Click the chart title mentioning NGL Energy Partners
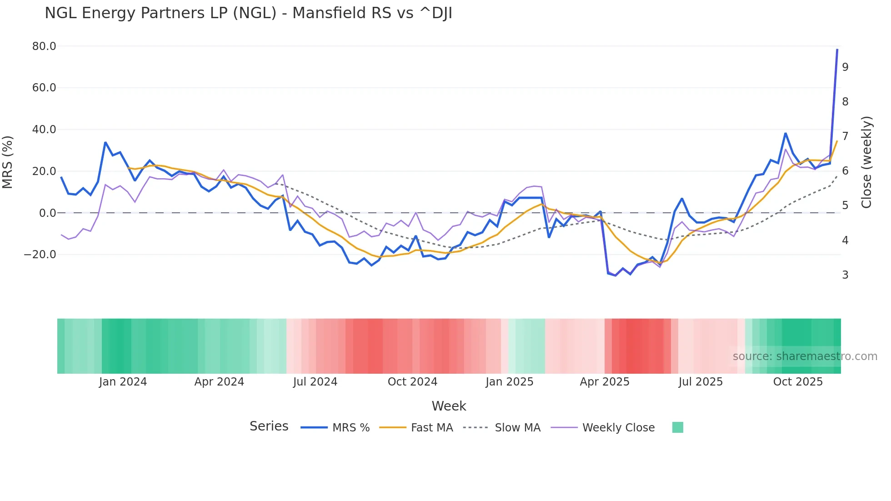pyautogui.click(x=248, y=13)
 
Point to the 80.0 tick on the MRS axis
pyautogui.click(x=44, y=46)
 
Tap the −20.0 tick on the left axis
pyautogui.click(x=40, y=255)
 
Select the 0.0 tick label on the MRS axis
pyautogui.click(x=48, y=213)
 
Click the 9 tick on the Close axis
pyautogui.click(x=845, y=67)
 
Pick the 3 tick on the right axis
pyautogui.click(x=845, y=275)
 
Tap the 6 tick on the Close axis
pyautogui.click(x=845, y=170)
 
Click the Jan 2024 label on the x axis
pyautogui.click(x=123, y=382)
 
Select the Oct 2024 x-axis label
pyautogui.click(x=412, y=382)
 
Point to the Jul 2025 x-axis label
pyautogui.click(x=701, y=382)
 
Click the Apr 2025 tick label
pyautogui.click(x=605, y=382)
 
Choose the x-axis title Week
pyautogui.click(x=449, y=406)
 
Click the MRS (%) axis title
pyautogui.click(x=8, y=162)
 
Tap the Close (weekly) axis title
pyautogui.click(x=867, y=162)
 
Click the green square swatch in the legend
pyautogui.click(x=677, y=427)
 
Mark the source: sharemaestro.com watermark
pyautogui.click(x=805, y=356)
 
